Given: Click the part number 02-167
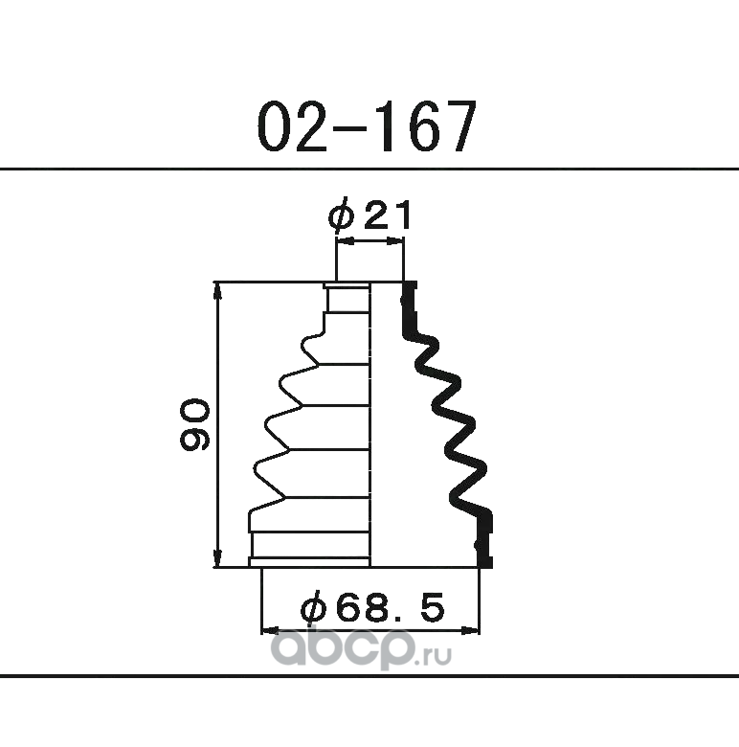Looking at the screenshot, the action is click(x=367, y=125).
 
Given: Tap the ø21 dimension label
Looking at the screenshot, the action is click(x=369, y=215).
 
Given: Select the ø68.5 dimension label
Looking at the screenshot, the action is click(x=372, y=608).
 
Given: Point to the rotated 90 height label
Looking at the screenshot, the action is click(x=194, y=425).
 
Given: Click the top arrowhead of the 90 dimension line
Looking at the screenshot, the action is click(x=218, y=290).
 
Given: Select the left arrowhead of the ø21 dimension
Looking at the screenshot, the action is click(x=346, y=242).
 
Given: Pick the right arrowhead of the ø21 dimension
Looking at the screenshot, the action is click(x=394, y=242).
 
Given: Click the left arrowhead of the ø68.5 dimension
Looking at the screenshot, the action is click(x=271, y=631).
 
